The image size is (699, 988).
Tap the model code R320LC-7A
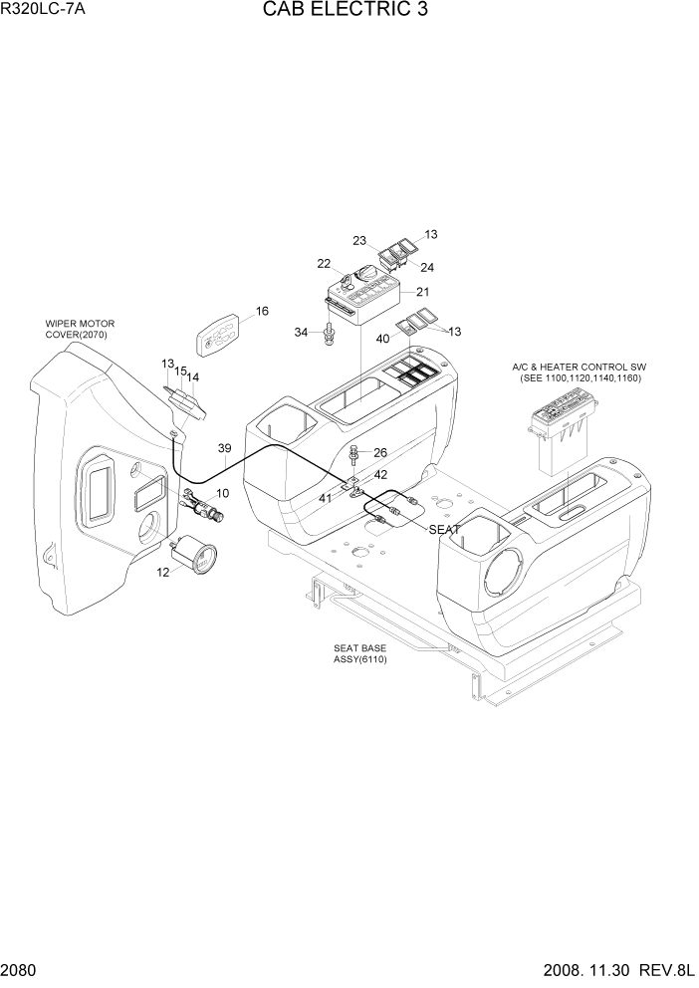click(44, 12)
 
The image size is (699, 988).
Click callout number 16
click(262, 312)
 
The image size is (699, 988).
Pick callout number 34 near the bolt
click(302, 332)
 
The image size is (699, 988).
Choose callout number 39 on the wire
click(224, 448)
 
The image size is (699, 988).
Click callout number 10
click(222, 493)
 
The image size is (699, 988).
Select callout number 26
click(379, 452)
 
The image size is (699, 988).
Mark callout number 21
click(422, 292)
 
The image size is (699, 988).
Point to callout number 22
click(324, 264)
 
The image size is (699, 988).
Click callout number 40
click(383, 338)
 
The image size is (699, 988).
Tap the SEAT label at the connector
click(444, 530)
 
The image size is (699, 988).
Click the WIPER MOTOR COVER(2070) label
click(80, 330)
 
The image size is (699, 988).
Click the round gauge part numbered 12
click(191, 555)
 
